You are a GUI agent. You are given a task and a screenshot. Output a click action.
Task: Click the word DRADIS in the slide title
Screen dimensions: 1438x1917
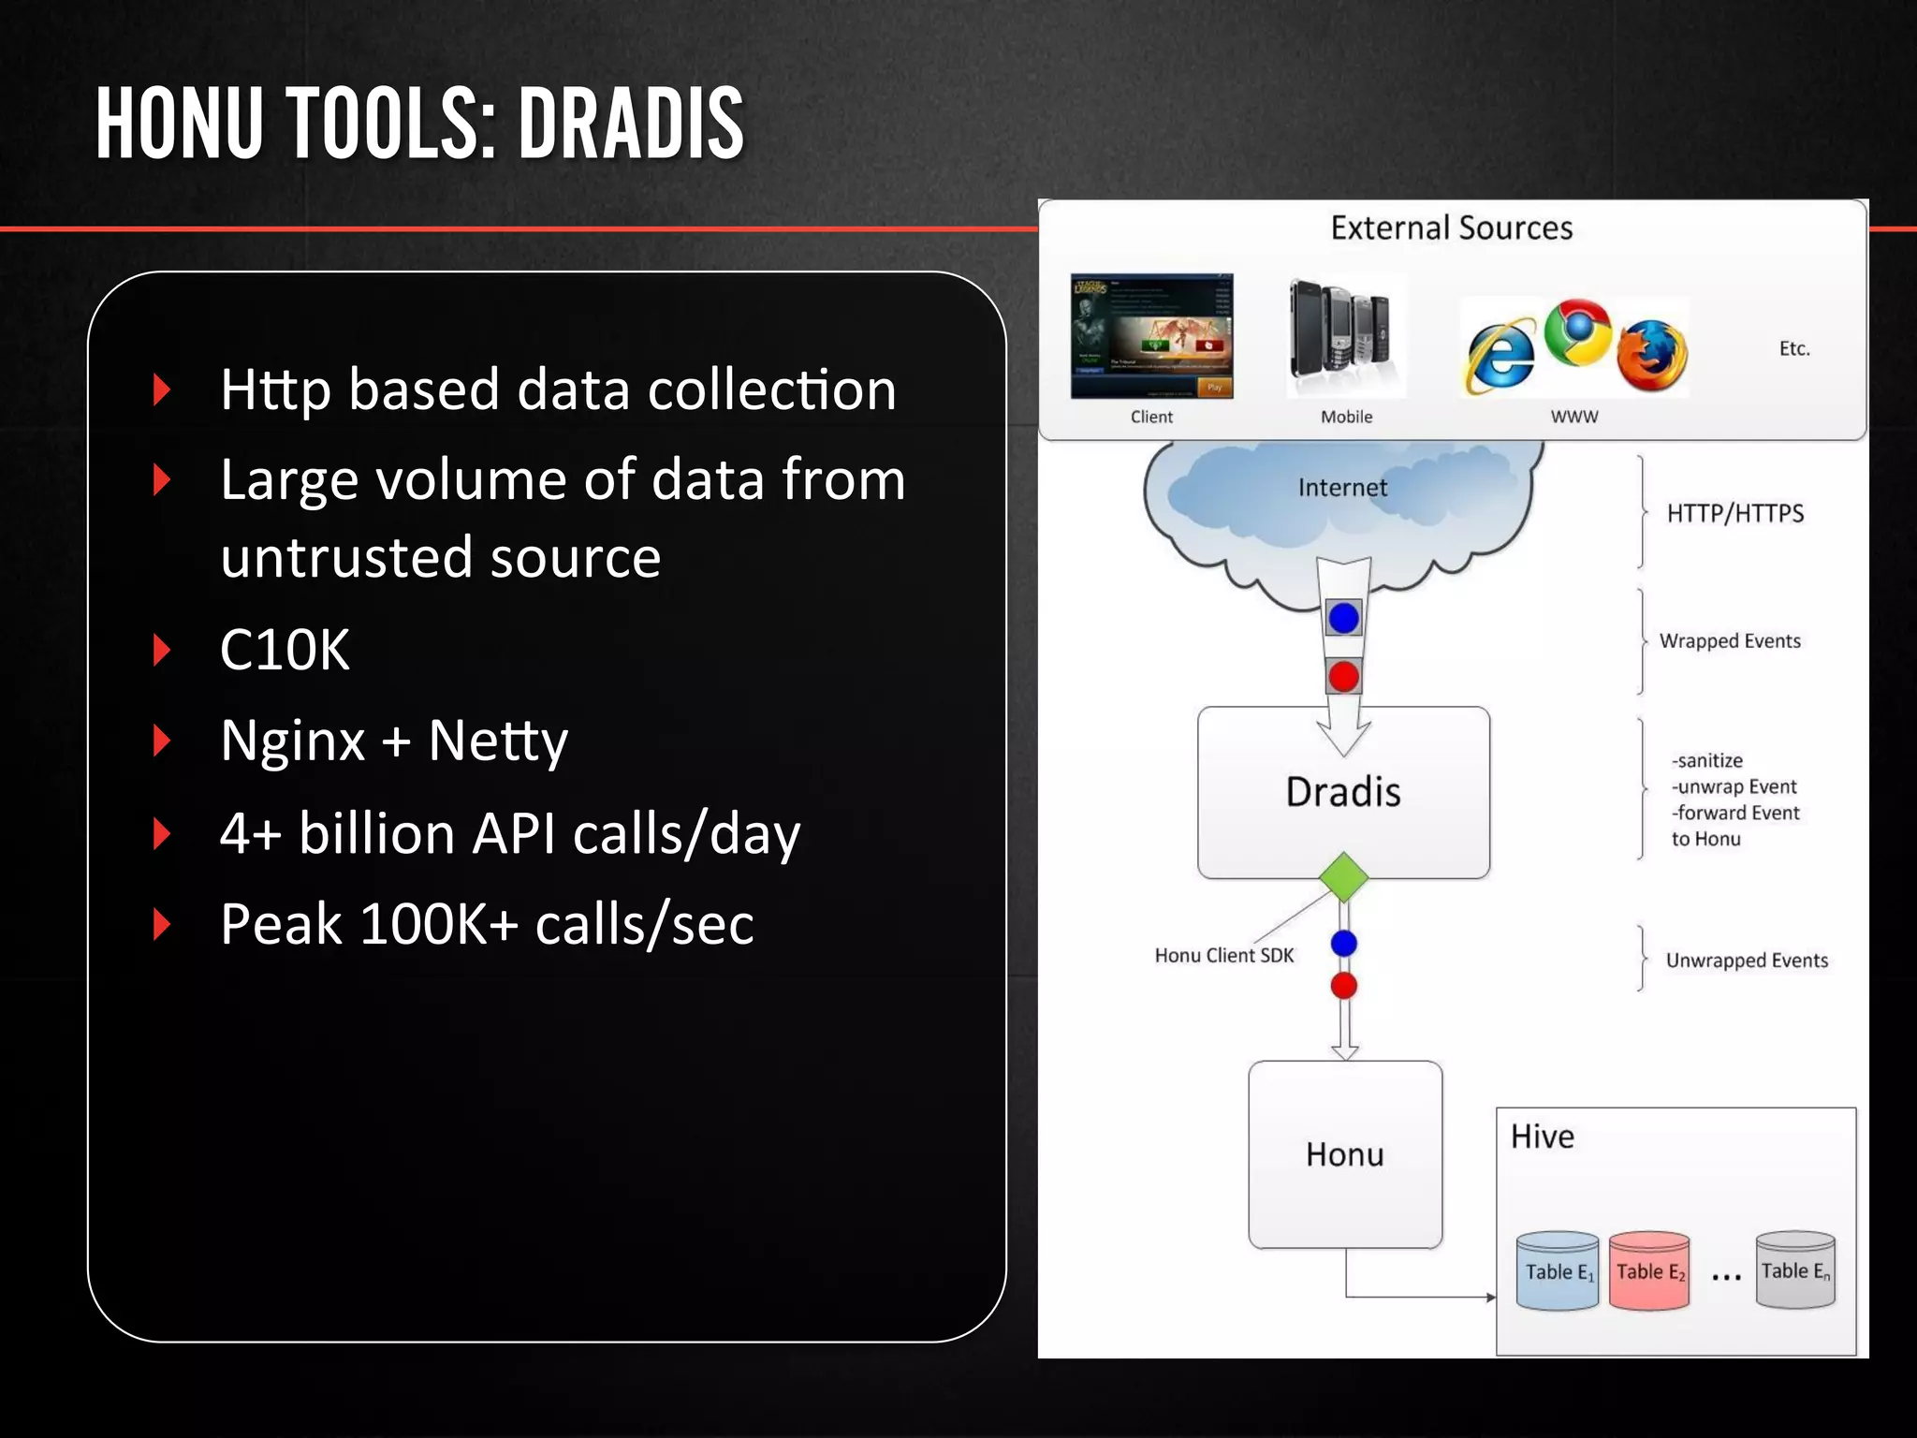(x=631, y=124)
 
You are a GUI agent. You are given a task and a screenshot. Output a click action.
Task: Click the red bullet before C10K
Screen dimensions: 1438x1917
(x=163, y=649)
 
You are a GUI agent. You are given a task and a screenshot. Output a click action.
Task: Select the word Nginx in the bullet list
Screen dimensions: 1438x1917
(x=292, y=741)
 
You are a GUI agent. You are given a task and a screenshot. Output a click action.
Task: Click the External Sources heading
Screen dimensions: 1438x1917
(x=1451, y=227)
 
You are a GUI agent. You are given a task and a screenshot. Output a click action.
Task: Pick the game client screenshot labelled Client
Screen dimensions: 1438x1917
(x=1151, y=336)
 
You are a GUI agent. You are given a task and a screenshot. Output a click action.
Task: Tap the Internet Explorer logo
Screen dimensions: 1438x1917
(x=1500, y=357)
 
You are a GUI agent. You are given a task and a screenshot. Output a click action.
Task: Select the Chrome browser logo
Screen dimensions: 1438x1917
(x=1577, y=331)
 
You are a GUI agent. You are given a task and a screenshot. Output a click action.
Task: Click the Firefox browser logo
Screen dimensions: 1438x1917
(x=1653, y=356)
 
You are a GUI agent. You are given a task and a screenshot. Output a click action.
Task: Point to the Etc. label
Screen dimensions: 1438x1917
(x=1793, y=348)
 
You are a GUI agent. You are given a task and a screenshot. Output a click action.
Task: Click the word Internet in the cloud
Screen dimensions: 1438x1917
(x=1341, y=488)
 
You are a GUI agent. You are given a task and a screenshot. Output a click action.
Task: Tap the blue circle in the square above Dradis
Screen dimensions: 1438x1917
(x=1343, y=618)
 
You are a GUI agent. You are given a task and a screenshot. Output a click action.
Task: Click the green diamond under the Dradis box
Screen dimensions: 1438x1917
(x=1343, y=877)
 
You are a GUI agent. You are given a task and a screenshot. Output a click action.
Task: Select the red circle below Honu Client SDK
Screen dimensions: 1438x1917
(x=1343, y=985)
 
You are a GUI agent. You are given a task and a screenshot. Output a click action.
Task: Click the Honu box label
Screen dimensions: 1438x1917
(x=1344, y=1154)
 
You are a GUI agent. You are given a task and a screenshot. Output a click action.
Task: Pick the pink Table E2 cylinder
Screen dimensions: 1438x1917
(x=1649, y=1270)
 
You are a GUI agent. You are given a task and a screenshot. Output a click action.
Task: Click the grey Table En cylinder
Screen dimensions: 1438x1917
(x=1794, y=1269)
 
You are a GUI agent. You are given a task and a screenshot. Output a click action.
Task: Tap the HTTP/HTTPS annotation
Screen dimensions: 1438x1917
(x=1734, y=513)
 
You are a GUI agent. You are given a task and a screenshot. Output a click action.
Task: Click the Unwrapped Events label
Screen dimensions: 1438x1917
(x=1746, y=961)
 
